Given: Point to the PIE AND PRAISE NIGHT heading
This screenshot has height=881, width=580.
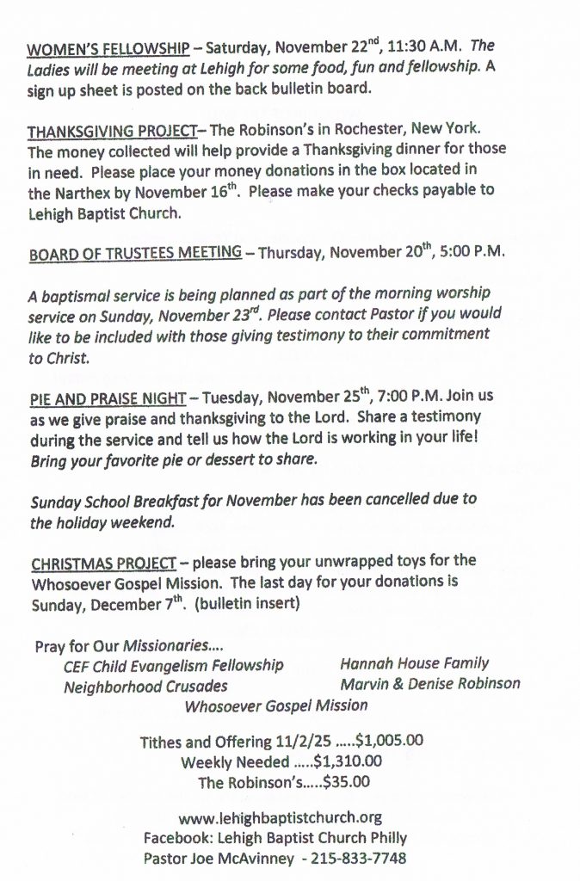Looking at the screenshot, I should (108, 397).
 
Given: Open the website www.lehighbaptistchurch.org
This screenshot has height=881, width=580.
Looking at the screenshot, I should (279, 817).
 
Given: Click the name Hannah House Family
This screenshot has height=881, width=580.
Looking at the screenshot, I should (414, 663).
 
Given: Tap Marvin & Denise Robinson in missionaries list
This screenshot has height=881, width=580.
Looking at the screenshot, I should (429, 684).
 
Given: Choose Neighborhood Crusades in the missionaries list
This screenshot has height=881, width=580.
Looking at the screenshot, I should (145, 686).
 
